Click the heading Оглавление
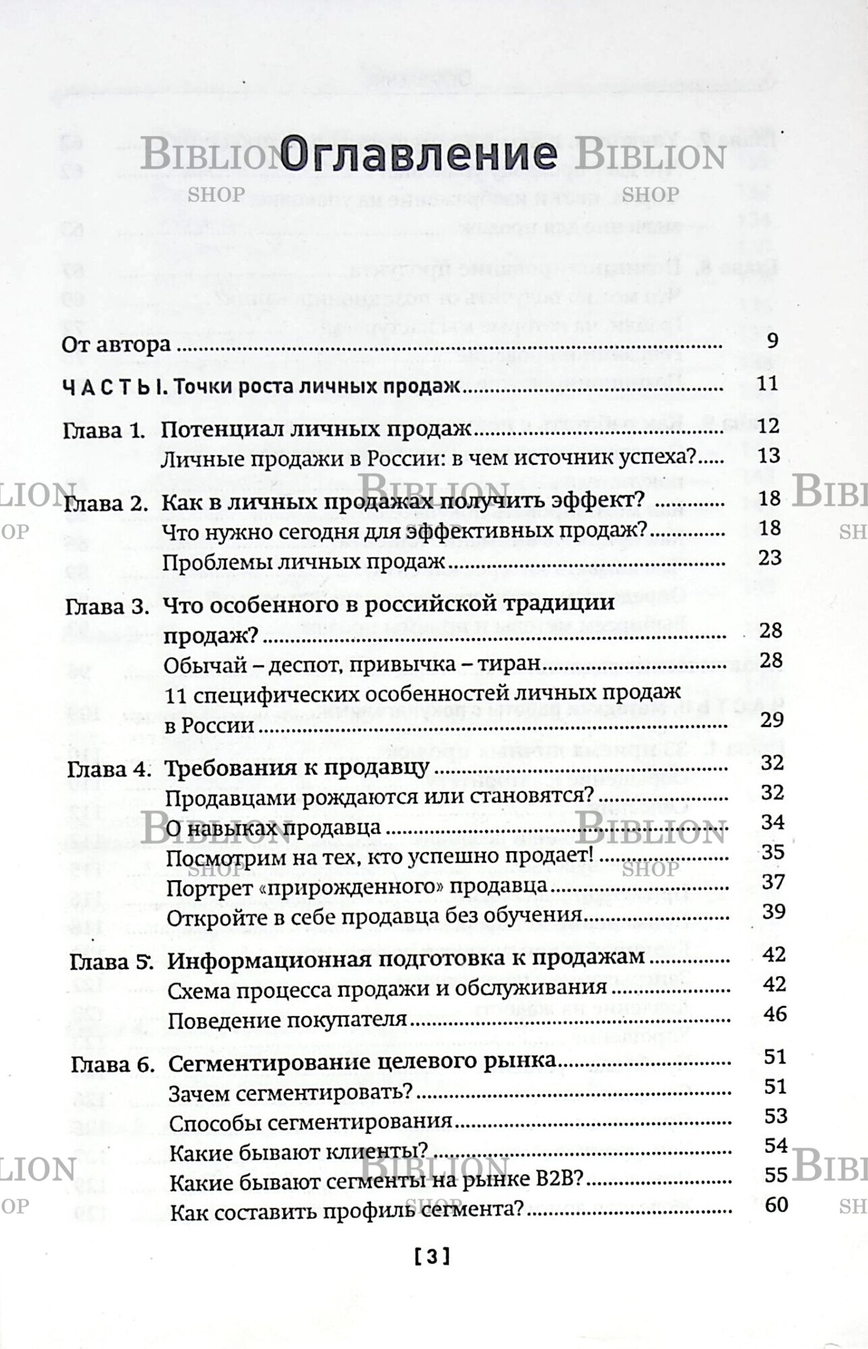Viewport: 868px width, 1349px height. point(418,154)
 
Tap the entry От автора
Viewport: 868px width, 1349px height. point(116,345)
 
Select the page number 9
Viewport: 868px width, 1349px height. point(772,341)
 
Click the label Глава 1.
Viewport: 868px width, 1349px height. point(104,430)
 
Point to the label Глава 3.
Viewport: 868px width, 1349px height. point(107,607)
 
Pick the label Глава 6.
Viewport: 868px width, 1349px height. point(113,1065)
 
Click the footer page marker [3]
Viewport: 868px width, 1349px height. point(432,1256)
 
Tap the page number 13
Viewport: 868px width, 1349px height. point(769,456)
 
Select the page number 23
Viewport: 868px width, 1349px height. point(770,558)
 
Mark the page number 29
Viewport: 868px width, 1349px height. point(772,720)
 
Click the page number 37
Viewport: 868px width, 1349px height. point(774,882)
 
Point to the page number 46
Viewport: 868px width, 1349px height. point(775,1014)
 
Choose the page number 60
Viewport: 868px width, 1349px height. point(776,1204)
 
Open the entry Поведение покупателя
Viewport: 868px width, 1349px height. point(287,1020)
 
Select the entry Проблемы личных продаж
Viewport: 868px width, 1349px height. point(304,561)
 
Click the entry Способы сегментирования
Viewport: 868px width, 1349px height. point(310,1122)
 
